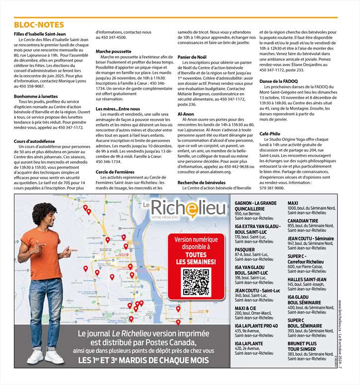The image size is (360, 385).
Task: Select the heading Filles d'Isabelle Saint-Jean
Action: click(43, 34)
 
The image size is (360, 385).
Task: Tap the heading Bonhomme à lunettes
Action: click(36, 96)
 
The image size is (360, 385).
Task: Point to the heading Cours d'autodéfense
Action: click(35, 141)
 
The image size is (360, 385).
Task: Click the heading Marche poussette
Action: click(113, 51)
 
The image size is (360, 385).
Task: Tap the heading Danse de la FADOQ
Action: click(278, 81)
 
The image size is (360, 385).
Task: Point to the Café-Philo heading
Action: click(270, 134)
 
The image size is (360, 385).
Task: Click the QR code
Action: click(196, 283)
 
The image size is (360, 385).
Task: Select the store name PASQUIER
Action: click(245, 250)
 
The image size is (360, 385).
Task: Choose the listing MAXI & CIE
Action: click(245, 308)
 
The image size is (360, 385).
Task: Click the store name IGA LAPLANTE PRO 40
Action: click(256, 326)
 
